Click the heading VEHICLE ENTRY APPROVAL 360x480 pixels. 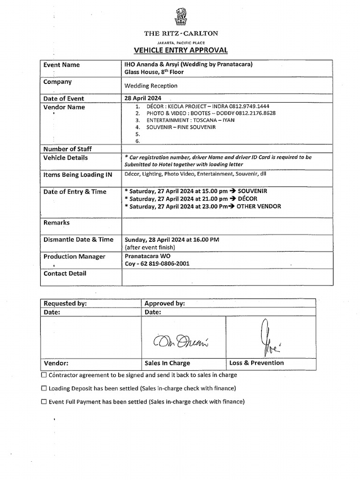(x=180, y=50)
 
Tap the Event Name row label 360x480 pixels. (x=61, y=65)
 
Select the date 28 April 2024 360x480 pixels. (x=142, y=98)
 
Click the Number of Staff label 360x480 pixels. (x=67, y=149)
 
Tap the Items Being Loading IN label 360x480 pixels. (x=78, y=175)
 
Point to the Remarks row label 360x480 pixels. (x=56, y=223)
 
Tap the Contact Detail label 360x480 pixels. (x=65, y=273)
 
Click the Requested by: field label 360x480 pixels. (x=65, y=303)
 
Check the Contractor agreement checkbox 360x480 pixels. (x=44, y=375)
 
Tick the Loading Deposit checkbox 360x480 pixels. (x=44, y=388)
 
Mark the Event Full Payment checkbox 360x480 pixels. (x=44, y=402)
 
